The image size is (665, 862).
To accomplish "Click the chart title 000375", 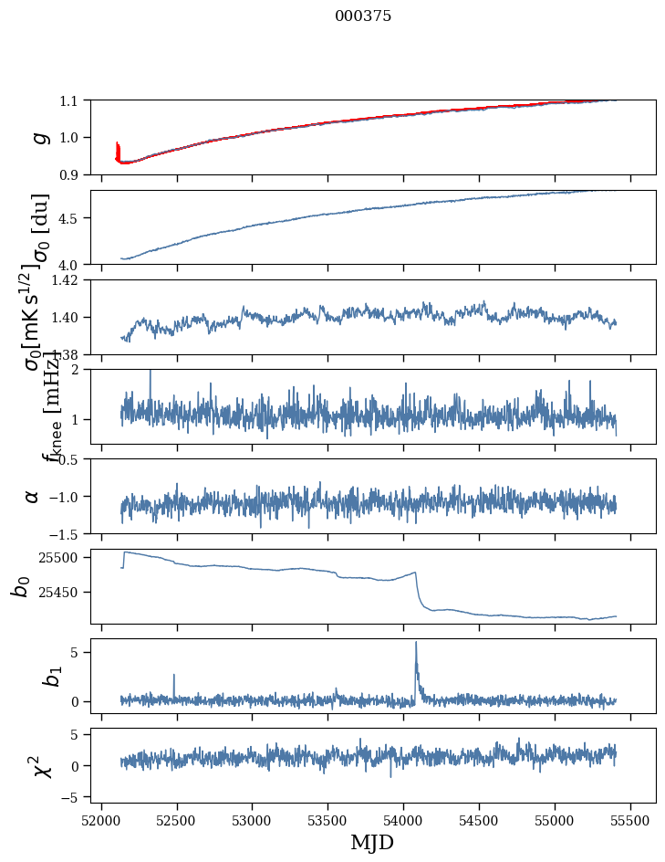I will click(363, 16).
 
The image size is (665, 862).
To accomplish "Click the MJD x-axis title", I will click(372, 843).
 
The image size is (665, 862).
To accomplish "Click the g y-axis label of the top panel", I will click(38, 137).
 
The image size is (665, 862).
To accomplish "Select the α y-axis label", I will click(33, 496).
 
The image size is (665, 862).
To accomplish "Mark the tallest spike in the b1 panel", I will click(416, 643).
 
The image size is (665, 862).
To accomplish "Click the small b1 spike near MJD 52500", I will click(173, 676).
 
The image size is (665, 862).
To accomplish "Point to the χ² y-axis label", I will click(39, 765).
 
